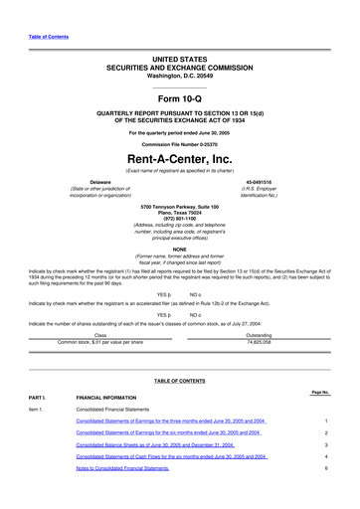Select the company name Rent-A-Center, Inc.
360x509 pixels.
(179, 159)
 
